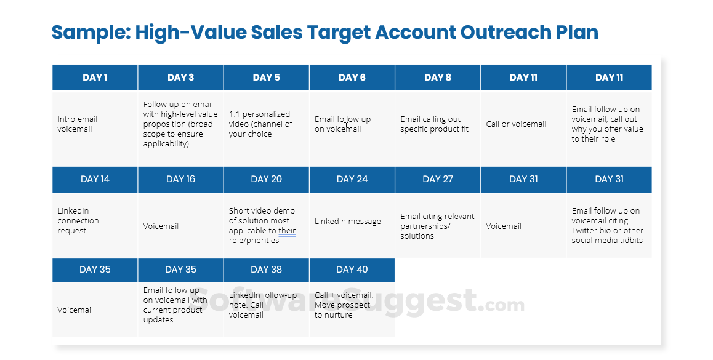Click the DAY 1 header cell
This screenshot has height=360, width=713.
point(95,78)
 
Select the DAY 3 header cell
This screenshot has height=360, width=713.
point(180,78)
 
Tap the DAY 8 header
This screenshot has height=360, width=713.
point(438,78)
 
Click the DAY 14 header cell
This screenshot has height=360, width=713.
point(95,179)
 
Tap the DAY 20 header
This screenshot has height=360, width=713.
point(266,179)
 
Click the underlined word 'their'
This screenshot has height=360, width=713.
point(287,231)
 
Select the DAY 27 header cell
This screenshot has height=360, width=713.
point(438,179)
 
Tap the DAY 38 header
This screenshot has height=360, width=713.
point(266,270)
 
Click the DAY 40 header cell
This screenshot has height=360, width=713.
point(352,270)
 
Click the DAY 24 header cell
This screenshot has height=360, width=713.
point(352,179)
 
